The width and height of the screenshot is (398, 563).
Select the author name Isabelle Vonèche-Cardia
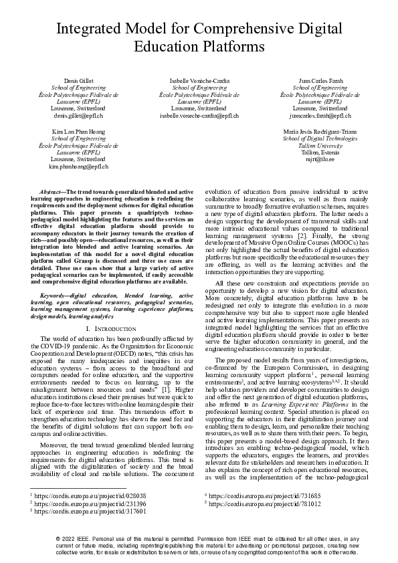click(199, 80)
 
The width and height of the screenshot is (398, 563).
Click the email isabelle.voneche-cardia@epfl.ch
click(199, 115)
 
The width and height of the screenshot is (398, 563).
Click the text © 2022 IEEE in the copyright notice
click(79, 538)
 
